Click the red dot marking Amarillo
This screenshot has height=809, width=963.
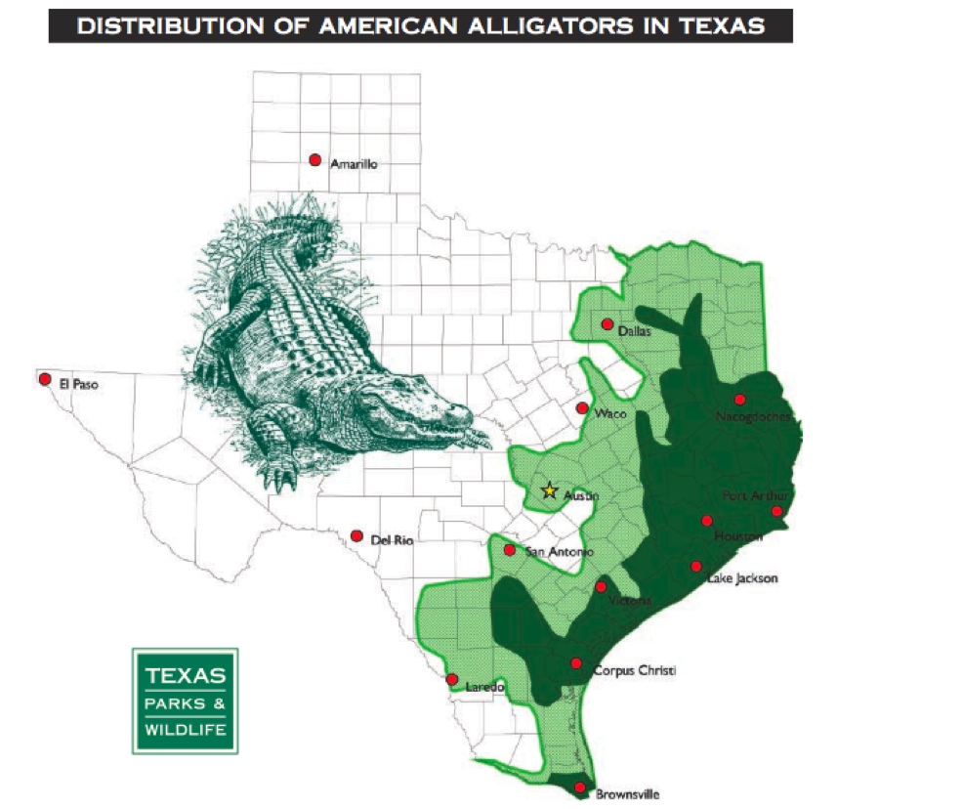pyautogui.click(x=314, y=160)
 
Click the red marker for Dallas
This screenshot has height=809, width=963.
pyautogui.click(x=607, y=324)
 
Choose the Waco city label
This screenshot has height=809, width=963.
pyautogui.click(x=609, y=414)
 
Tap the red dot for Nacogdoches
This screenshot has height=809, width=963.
pyautogui.click(x=740, y=399)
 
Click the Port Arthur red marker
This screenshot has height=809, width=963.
pyautogui.click(x=776, y=511)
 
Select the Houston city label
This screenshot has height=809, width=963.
pyautogui.click(x=737, y=536)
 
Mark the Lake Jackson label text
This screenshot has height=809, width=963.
pyautogui.click(x=742, y=578)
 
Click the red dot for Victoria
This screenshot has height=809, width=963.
pyautogui.click(x=601, y=587)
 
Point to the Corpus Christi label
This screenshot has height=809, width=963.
pyautogui.click(x=634, y=670)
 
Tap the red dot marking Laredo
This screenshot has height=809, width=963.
pyautogui.click(x=451, y=679)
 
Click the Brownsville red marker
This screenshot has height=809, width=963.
pyautogui.click(x=580, y=788)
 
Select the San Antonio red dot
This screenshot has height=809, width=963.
pyautogui.click(x=509, y=550)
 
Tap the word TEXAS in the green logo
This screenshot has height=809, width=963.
pyautogui.click(x=186, y=676)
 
